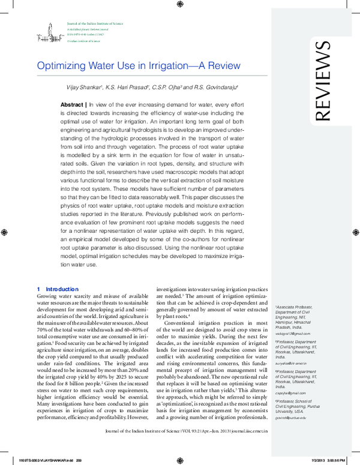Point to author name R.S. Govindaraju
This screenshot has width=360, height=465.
pos(212,88)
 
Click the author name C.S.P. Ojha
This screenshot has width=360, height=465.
pos(164,88)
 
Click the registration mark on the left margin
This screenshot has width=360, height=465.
pos(5,231)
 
